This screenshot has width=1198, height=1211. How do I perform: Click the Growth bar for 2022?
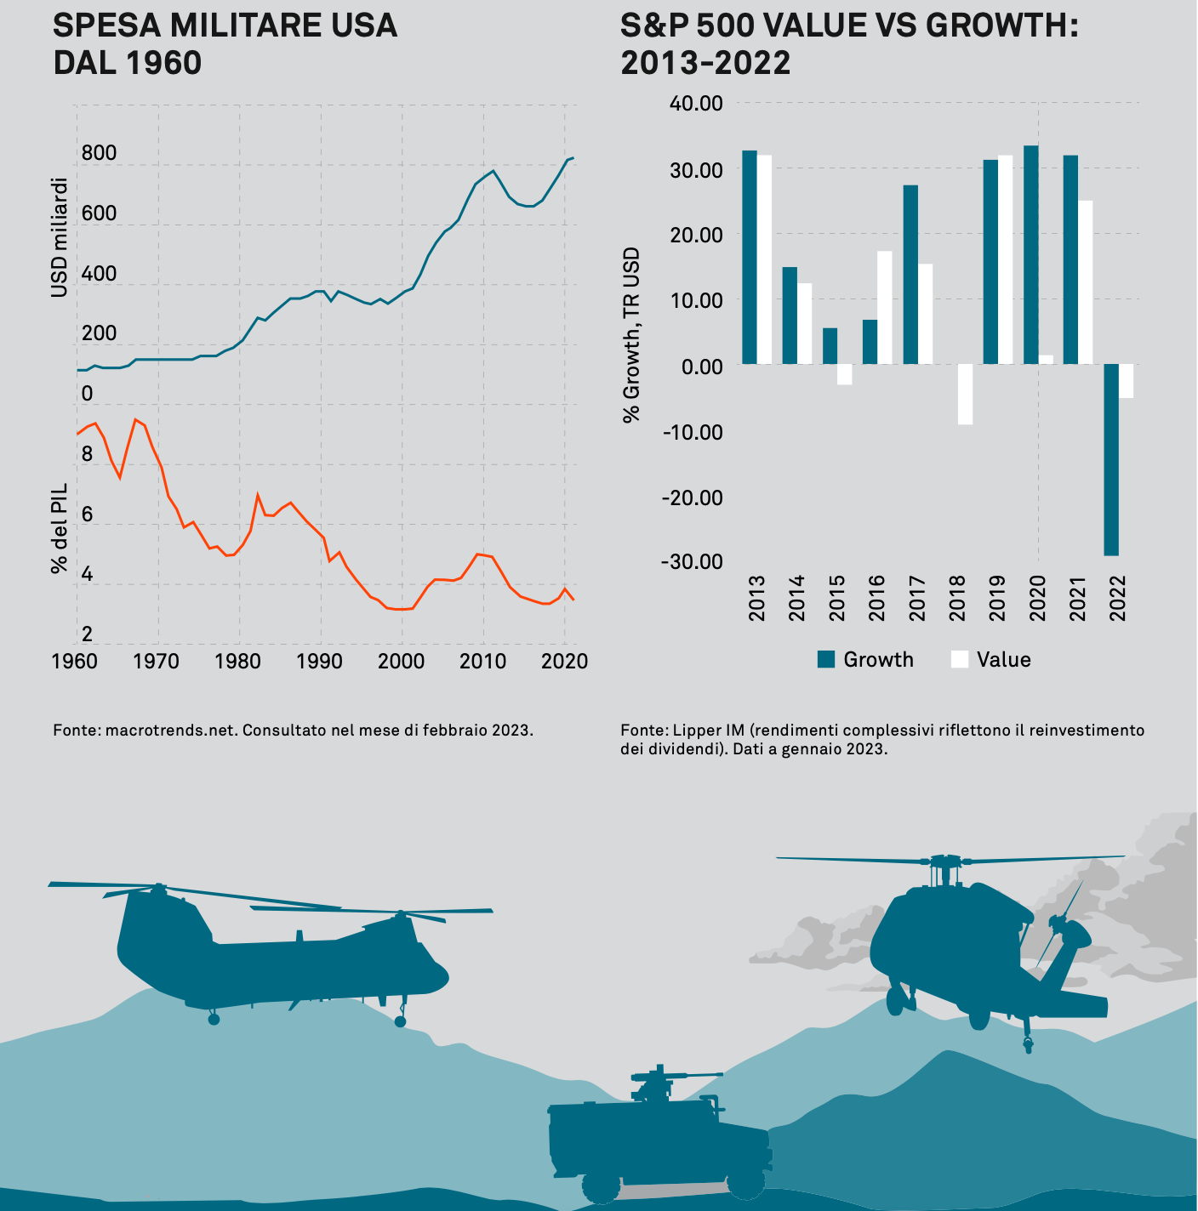click(x=1111, y=459)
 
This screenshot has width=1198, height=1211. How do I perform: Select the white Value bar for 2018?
click(x=965, y=394)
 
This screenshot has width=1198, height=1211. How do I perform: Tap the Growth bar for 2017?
click(x=910, y=274)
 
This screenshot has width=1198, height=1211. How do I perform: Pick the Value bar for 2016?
click(x=885, y=307)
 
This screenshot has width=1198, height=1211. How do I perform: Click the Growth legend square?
click(x=826, y=659)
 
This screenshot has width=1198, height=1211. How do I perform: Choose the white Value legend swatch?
click(x=960, y=659)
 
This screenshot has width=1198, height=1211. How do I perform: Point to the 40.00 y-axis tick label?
click(x=696, y=104)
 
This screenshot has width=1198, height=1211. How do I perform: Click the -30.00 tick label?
click(x=693, y=561)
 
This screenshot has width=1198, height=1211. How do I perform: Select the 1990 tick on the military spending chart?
click(x=320, y=661)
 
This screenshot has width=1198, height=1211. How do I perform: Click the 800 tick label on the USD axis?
click(x=99, y=153)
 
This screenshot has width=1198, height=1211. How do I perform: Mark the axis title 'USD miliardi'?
click(x=59, y=237)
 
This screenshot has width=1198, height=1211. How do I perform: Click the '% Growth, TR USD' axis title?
click(x=631, y=335)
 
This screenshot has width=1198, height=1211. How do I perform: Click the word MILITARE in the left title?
click(x=226, y=26)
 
